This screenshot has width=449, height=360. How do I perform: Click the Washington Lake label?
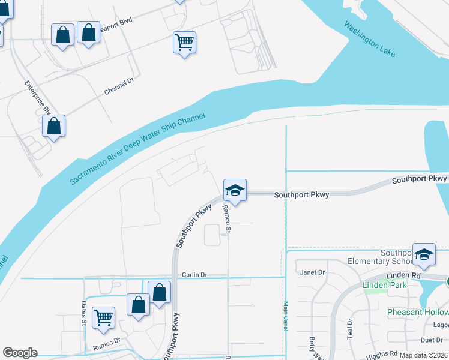click(x=370, y=40)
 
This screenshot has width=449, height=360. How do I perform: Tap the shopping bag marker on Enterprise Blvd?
click(x=54, y=126)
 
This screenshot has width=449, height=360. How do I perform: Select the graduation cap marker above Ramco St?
click(x=235, y=191)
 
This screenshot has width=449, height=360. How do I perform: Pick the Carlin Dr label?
click(x=194, y=274)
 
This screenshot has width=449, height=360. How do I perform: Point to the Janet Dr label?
click(x=313, y=272)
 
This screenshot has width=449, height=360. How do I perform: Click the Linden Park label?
click(x=385, y=285)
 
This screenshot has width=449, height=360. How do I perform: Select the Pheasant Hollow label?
click(x=417, y=313)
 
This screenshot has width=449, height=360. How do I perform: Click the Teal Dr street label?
click(x=350, y=328)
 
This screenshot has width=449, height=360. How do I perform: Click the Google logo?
click(x=20, y=353)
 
